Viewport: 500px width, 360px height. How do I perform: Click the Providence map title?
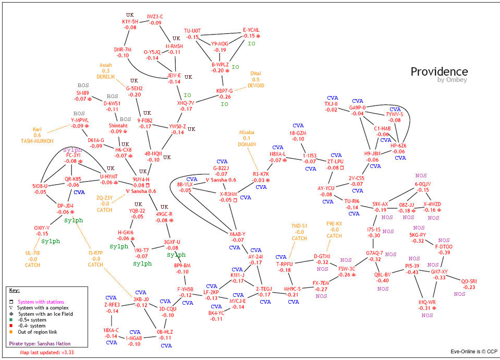coord(439,71)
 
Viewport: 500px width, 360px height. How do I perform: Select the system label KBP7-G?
coord(224,91)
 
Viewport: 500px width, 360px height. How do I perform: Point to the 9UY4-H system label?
coord(141,179)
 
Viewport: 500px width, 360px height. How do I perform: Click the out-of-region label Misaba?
coord(247,133)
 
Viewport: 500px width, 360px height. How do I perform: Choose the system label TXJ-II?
coord(331,104)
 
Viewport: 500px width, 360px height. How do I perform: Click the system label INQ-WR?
coord(427,302)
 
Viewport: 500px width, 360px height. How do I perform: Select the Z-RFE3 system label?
coord(112,305)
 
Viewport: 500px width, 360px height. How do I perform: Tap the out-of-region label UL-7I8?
coord(32,253)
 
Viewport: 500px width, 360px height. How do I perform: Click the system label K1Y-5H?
coord(130,21)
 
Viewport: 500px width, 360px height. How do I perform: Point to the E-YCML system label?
coord(251,30)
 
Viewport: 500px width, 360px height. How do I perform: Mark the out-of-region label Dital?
coord(255,74)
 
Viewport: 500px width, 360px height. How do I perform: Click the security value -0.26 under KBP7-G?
coord(225,97)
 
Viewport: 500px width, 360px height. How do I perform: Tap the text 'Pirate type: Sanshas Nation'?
coord(40,344)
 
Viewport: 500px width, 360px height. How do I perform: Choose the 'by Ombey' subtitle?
coord(453,80)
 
